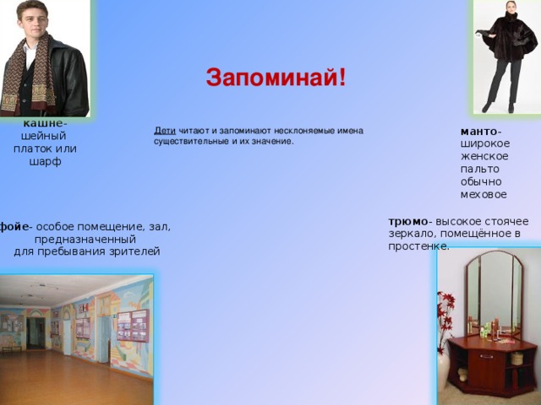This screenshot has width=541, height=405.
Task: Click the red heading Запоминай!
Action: coord(276,78)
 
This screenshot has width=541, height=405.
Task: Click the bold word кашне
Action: coord(43,123)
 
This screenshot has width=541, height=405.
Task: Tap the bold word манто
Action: coord(479,132)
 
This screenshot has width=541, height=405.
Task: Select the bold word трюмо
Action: coord(408,221)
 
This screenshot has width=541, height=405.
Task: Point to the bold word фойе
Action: coord(14,227)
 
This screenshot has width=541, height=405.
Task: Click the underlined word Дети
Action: coord(165,131)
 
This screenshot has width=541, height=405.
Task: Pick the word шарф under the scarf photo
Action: coord(45,162)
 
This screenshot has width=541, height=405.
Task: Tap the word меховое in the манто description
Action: coord(484,195)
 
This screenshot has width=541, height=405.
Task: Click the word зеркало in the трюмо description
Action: coord(409,235)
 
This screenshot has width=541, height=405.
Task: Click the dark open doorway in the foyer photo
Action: coord(36,333)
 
